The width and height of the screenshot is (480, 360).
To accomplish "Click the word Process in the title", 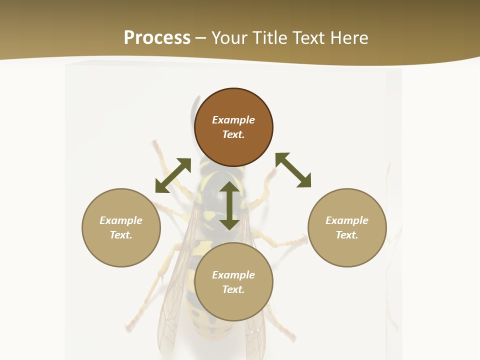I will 157,37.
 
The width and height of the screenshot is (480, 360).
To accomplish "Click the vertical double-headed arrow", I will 229,205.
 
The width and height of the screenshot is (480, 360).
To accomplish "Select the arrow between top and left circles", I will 173,175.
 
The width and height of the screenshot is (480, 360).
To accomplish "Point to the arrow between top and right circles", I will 293,170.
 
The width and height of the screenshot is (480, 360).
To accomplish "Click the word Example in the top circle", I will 233,120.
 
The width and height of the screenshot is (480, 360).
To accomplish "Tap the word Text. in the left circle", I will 121,235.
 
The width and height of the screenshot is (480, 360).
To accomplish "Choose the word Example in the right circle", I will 347,220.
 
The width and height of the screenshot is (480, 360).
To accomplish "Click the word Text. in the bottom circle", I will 233,289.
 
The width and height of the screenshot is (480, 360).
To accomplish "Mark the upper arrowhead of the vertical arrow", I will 229,187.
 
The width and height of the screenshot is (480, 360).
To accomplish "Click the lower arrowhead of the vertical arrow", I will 229,224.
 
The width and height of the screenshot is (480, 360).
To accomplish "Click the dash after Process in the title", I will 200,38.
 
